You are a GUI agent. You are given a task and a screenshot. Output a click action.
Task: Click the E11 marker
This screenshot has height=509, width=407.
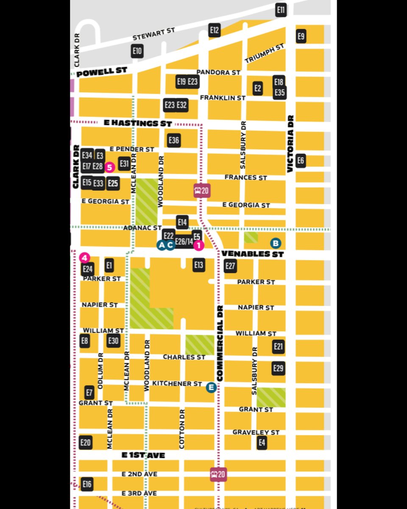pyautogui.click(x=281, y=9)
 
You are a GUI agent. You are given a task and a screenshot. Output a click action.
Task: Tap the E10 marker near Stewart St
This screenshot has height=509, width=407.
pyautogui.click(x=137, y=52)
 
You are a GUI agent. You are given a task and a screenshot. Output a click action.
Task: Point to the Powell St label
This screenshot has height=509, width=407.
pyautogui.click(x=102, y=71)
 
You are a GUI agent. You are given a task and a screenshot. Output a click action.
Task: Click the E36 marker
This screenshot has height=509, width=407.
pyautogui.click(x=174, y=140)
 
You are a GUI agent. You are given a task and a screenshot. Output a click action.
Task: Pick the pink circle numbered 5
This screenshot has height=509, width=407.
pyautogui.click(x=109, y=167)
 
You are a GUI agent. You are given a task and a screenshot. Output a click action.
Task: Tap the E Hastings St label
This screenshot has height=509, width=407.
pyautogui.click(x=138, y=123)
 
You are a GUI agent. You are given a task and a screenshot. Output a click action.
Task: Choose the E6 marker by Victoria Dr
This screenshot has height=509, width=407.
pyautogui.click(x=301, y=160)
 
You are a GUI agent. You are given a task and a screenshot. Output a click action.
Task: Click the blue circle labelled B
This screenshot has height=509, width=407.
pyautogui.click(x=276, y=243)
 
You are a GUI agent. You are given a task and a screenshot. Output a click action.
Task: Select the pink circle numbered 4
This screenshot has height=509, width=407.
pyautogui.click(x=84, y=257)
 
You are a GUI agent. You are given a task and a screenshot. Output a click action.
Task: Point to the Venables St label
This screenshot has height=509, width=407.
pyautogui.click(x=252, y=254)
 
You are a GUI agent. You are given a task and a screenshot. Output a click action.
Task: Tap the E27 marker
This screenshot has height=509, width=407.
pyautogui.click(x=230, y=266)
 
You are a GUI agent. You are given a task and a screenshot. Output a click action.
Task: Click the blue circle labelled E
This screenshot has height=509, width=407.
pyautogui.click(x=211, y=387)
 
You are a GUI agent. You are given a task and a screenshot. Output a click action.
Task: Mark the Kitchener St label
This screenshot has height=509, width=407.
pyautogui.click(x=177, y=383)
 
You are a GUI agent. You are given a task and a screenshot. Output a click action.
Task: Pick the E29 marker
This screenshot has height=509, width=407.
pyautogui.click(x=278, y=368)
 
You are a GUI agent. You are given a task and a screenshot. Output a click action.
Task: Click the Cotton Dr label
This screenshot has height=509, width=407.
pyautogui.click(x=182, y=429)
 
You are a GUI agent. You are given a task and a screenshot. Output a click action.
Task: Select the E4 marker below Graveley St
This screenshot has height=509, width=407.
pyautogui.click(x=262, y=443)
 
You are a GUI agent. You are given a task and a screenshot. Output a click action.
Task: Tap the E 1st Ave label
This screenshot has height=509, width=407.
pyautogui.click(x=143, y=455)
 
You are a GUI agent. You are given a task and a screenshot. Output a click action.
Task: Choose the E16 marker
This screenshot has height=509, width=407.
pyautogui.click(x=87, y=484)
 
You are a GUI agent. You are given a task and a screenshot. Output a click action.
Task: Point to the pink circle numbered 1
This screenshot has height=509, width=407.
pyautogui.click(x=199, y=245)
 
